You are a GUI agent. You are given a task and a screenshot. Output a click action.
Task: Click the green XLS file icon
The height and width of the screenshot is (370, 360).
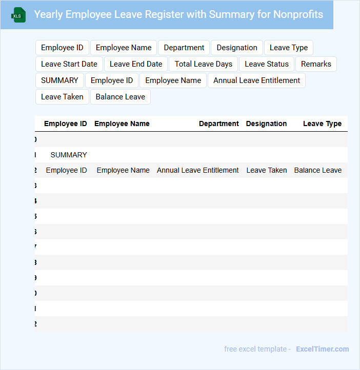pyautogui.click(x=18, y=15)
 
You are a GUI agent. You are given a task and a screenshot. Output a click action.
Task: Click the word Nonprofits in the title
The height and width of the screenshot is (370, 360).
pyautogui.click(x=298, y=14)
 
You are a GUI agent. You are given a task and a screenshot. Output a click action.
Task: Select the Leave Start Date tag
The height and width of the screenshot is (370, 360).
pyautogui.click(x=69, y=64)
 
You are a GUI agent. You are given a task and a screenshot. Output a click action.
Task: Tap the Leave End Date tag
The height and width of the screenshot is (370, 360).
pyautogui.click(x=136, y=64)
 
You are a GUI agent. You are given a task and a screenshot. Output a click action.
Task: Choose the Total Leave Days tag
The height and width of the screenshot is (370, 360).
pyautogui.click(x=204, y=64)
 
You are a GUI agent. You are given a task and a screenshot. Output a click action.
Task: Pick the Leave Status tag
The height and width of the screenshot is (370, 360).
pyautogui.click(x=267, y=64)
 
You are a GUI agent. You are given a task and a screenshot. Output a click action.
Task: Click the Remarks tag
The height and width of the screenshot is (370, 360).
pyautogui.click(x=316, y=64)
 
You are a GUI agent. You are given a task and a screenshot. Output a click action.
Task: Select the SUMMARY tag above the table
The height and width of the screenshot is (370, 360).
pyautogui.click(x=59, y=80)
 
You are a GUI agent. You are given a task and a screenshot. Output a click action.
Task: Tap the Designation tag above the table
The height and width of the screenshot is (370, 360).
pyautogui.click(x=237, y=48)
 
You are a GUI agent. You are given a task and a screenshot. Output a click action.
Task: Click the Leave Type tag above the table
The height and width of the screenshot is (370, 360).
pyautogui.click(x=289, y=48)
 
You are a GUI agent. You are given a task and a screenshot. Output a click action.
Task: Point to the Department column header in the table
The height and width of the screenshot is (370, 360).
pyautogui.click(x=219, y=124)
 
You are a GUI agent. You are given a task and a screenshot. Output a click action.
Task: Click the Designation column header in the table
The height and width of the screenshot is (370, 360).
pyautogui.click(x=266, y=124)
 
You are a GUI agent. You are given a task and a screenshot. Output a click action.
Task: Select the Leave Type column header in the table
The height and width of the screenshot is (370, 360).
pyautogui.click(x=322, y=124)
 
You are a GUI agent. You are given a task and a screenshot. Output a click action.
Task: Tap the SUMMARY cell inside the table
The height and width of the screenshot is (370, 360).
pyautogui.click(x=69, y=155)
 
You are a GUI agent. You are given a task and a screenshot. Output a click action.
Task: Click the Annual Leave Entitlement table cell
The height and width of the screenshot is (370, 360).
pyautogui.click(x=198, y=170)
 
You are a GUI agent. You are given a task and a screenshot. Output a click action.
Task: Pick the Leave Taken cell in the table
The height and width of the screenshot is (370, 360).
pyautogui.click(x=267, y=170)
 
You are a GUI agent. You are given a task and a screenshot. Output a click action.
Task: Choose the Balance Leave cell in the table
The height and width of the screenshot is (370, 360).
pyautogui.click(x=318, y=170)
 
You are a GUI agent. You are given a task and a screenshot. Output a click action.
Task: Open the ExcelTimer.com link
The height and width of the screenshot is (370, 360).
pyautogui.click(x=322, y=349)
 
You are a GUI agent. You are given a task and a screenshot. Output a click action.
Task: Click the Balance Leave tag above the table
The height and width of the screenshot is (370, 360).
pyautogui.click(x=121, y=97)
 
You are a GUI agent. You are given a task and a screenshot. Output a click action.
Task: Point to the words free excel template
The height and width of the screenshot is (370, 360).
pyautogui.click(x=255, y=349)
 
